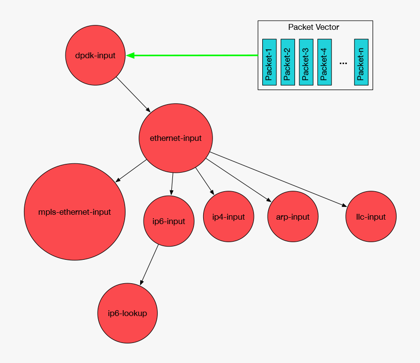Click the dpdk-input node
click(95, 55)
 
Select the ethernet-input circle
click(175, 138)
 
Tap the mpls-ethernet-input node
click(74, 212)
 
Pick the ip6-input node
click(165, 221)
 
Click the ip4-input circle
click(228, 216)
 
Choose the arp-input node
click(293, 217)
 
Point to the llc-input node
click(371, 216)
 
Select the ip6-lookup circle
click(127, 313)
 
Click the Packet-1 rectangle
click(269, 62)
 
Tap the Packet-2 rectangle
click(288, 62)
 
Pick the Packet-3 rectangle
click(306, 62)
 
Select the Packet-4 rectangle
click(324, 62)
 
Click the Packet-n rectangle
click(361, 62)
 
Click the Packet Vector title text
click(314, 27)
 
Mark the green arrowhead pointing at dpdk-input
click(130, 56)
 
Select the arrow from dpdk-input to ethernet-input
click(133, 93)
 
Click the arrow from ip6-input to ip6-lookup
click(149, 265)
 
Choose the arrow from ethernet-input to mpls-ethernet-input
click(131, 171)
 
